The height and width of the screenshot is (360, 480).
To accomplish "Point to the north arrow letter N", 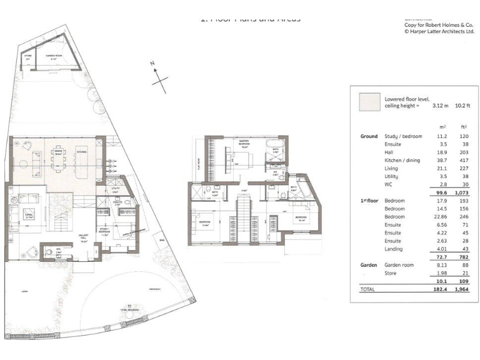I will [152, 63].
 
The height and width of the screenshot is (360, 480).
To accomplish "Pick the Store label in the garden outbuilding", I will [27, 57].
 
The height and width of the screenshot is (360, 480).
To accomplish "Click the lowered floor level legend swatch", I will [369, 102].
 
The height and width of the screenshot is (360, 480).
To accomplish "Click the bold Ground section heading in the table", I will [369, 136].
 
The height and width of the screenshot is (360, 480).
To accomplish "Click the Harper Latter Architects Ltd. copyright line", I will [439, 31].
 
